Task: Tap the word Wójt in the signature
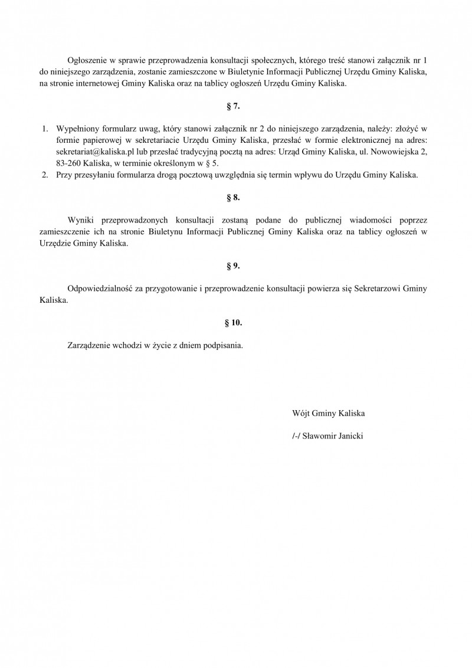300,413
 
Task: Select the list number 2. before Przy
45,175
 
